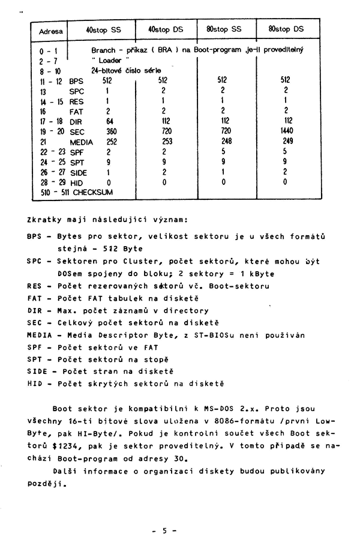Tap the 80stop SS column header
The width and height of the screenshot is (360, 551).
point(224,29)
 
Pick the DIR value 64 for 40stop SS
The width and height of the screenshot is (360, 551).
point(110,121)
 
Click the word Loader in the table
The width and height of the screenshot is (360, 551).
point(110,60)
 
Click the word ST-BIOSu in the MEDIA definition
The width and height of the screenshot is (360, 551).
point(215,336)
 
